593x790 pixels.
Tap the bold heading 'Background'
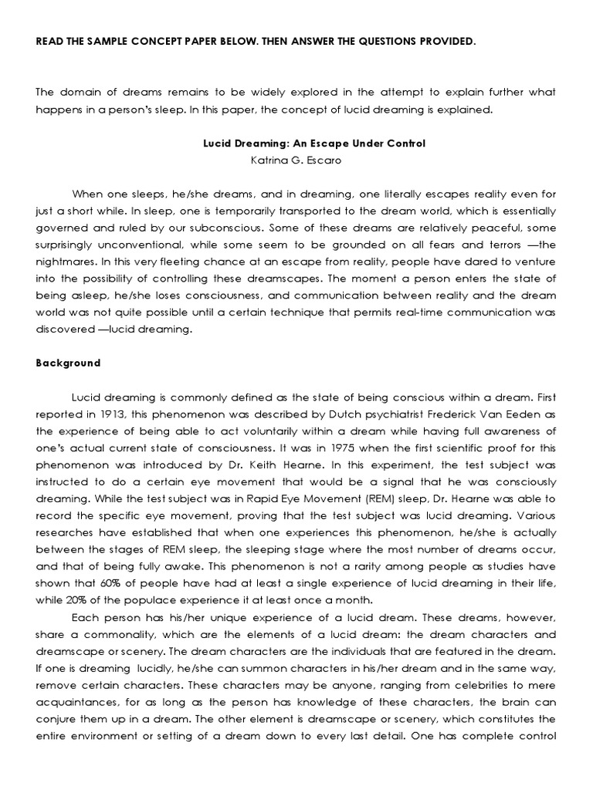point(69,363)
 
